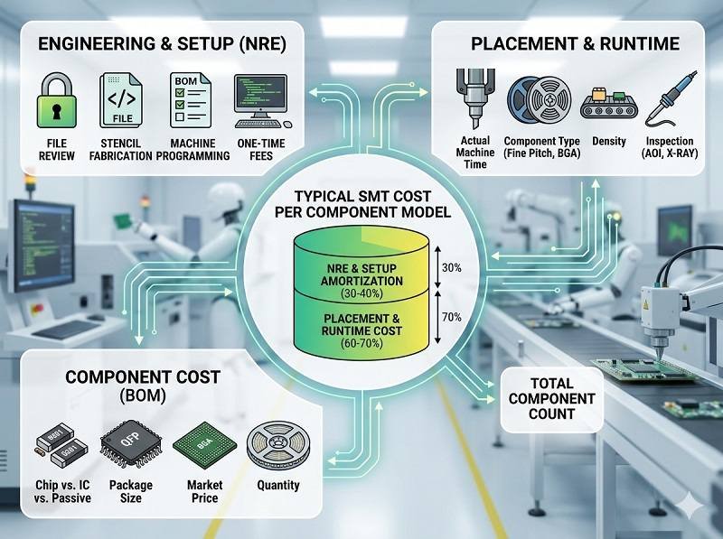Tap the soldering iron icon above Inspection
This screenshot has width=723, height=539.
click(669, 99)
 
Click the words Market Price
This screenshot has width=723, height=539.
click(203, 492)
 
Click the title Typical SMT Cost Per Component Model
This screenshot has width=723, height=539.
click(361, 206)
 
